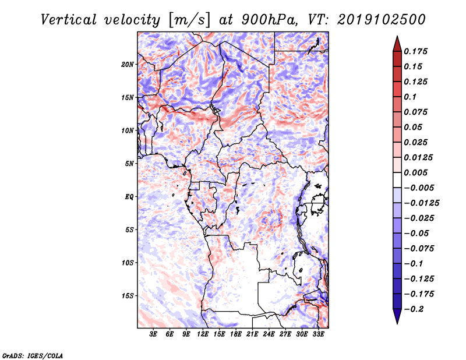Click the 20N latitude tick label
pos(128,64)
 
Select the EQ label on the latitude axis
pos(129,196)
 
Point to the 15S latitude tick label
pos(128,295)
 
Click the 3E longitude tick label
pos(154,335)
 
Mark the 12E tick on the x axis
pos(203,335)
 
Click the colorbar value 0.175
pos(417,51)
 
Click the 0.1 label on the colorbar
pos(412,97)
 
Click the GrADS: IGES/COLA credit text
pos(32,355)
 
